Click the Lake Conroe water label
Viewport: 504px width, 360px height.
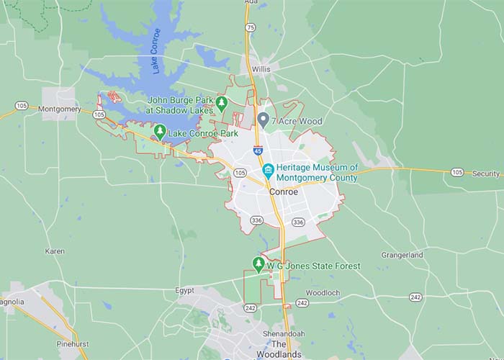[156, 51]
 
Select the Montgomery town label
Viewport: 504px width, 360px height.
[60, 109]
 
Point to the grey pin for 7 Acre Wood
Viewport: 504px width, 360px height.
[264, 120]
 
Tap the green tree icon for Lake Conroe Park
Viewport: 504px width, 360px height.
[160, 132]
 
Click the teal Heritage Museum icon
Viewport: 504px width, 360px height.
[268, 171]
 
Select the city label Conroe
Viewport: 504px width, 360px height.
[282, 193]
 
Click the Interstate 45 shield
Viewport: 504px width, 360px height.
[258, 150]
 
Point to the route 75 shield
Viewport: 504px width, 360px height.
[250, 27]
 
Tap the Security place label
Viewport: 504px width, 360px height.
[486, 174]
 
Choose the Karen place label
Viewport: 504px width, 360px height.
[55, 251]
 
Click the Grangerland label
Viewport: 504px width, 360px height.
[402, 255]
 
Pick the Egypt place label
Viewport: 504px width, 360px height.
[184, 291]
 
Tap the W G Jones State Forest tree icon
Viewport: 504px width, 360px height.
[258, 264]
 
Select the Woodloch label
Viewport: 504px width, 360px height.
[323, 293]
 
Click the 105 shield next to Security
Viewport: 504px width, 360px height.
[456, 172]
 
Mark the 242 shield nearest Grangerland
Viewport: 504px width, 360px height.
[415, 297]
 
